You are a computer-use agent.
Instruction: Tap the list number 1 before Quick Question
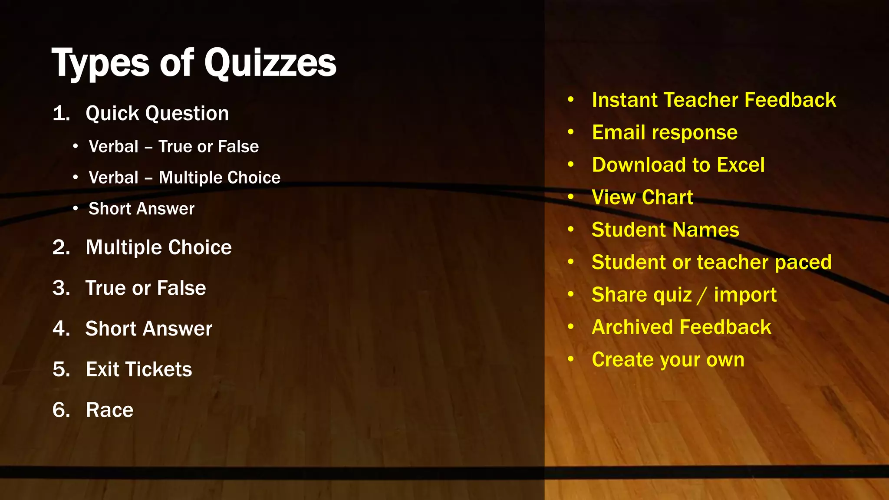pyautogui.click(x=61, y=114)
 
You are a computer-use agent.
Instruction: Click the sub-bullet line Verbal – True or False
pyautogui.click(x=174, y=147)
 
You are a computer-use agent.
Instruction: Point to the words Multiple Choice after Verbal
pyautogui.click(x=220, y=178)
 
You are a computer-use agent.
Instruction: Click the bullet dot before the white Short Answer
pyautogui.click(x=76, y=209)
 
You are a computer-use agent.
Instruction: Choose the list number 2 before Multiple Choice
pyautogui.click(x=61, y=248)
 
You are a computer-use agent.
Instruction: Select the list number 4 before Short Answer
pyautogui.click(x=61, y=329)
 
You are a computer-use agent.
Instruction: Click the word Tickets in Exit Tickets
pyautogui.click(x=159, y=370)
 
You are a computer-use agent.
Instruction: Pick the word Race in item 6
pyautogui.click(x=110, y=410)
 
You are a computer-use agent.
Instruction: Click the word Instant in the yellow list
pyautogui.click(x=624, y=100)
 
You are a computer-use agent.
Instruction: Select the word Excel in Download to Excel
pyautogui.click(x=741, y=165)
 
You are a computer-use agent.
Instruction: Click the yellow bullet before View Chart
pyautogui.click(x=571, y=197)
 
